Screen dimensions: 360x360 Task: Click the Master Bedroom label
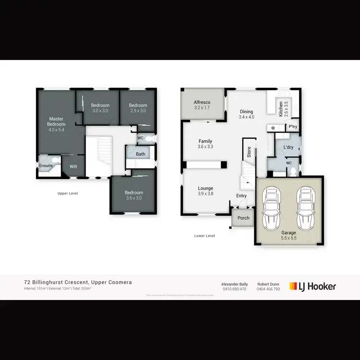click(x=56, y=121)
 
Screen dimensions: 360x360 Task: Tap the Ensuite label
click(x=46, y=166)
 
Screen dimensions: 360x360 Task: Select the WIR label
click(x=73, y=167)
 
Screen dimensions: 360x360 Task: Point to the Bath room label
click(x=140, y=154)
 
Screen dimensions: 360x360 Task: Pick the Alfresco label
click(x=202, y=102)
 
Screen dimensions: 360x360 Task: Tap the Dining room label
click(x=247, y=111)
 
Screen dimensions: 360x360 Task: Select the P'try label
click(x=292, y=127)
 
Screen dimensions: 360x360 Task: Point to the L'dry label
click(x=288, y=147)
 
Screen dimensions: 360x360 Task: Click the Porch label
click(x=243, y=218)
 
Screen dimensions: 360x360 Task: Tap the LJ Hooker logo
click(x=312, y=287)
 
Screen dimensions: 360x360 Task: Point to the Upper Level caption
click(x=67, y=193)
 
